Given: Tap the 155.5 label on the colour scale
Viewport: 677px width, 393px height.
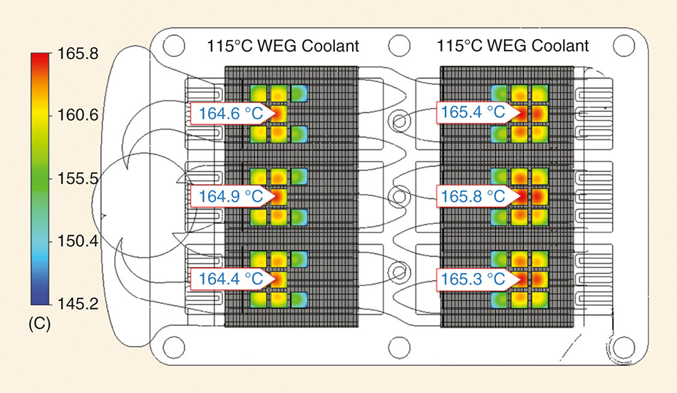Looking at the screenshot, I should [x=73, y=178].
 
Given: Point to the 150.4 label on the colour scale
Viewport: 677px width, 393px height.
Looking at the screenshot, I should [x=73, y=242].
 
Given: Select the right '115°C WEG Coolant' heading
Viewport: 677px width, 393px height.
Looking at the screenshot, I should [x=513, y=47].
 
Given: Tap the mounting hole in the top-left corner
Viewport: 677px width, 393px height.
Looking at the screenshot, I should [x=172, y=46].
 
